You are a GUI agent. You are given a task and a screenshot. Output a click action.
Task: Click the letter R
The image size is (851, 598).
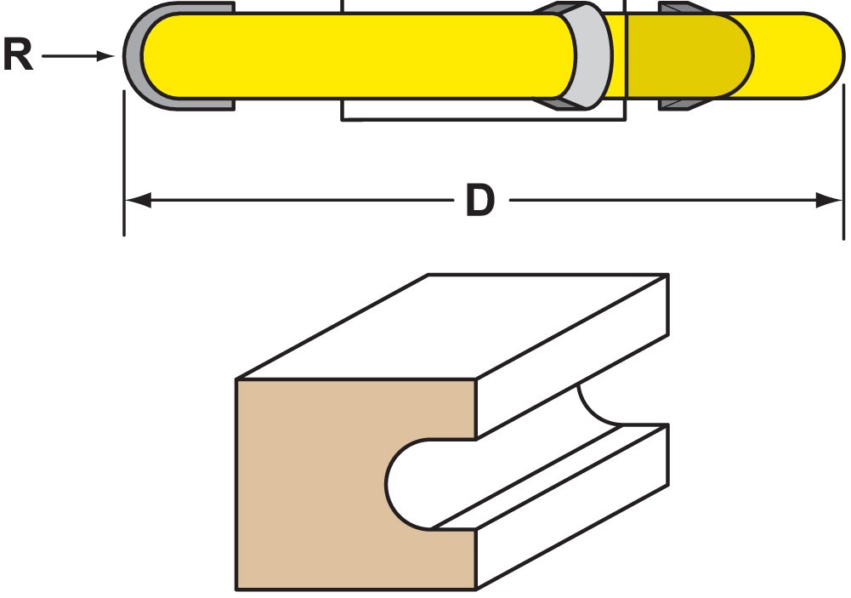point(18,56)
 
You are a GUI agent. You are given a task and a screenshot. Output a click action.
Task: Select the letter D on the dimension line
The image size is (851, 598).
point(480,201)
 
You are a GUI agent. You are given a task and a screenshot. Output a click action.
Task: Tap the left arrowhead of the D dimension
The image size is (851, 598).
point(139,201)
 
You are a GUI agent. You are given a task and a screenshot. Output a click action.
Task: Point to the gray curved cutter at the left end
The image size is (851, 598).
point(136,56)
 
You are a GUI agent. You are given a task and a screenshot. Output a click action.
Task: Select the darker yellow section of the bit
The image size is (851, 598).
point(680,54)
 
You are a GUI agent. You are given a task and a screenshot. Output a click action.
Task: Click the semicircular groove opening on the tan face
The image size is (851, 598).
point(417,484)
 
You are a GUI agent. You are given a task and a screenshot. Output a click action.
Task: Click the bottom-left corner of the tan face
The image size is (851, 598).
point(237,588)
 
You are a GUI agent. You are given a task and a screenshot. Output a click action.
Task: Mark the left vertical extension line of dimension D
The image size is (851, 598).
point(124,162)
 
